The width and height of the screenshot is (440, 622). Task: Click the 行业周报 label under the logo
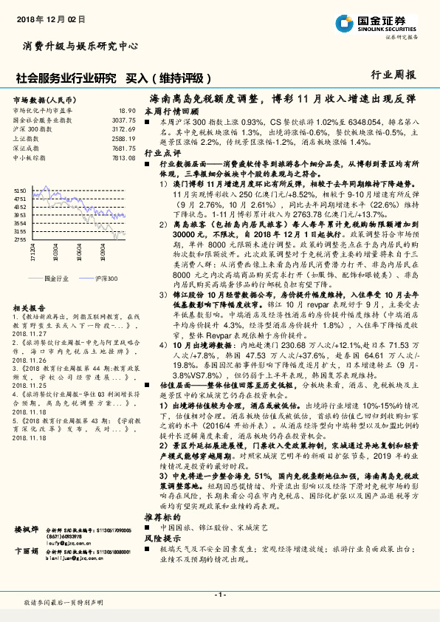pos(393,75)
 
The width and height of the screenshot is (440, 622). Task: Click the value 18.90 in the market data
pos(127,110)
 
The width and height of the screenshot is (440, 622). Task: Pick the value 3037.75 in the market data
pos(123,120)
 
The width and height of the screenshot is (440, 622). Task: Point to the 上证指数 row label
pos(26,139)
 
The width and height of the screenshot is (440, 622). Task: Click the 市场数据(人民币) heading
pos(44,99)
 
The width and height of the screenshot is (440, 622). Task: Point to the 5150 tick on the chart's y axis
pos(20,191)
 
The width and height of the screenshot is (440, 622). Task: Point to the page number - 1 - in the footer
pos(220,594)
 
